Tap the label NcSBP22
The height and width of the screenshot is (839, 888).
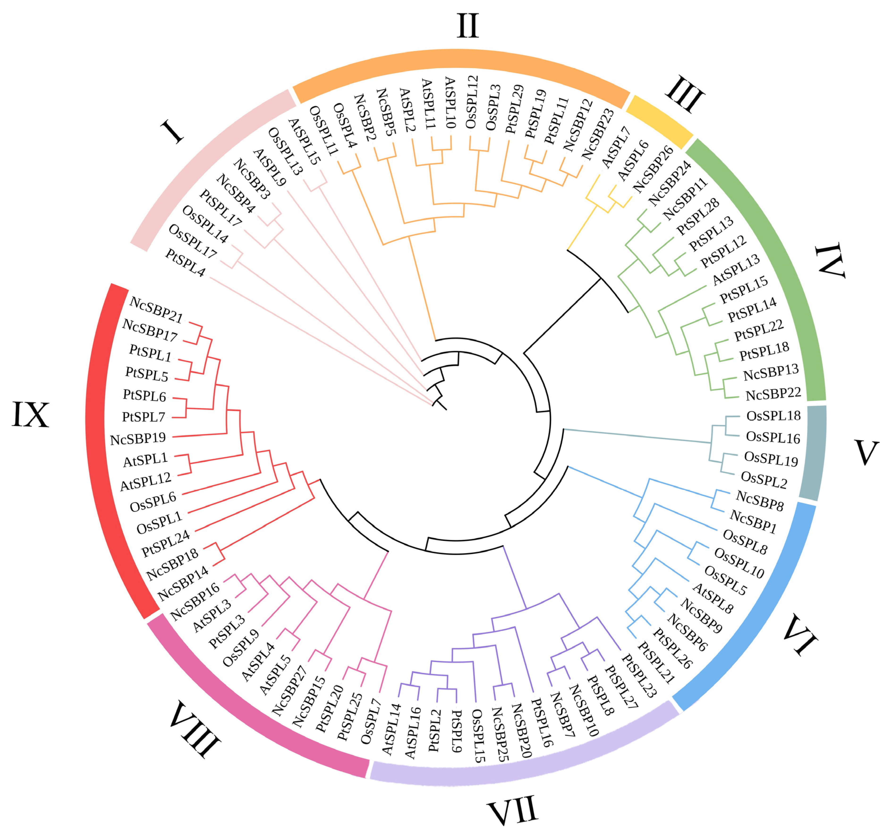pyautogui.click(x=773, y=394)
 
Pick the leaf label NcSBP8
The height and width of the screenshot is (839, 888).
pyautogui.click(x=760, y=501)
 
